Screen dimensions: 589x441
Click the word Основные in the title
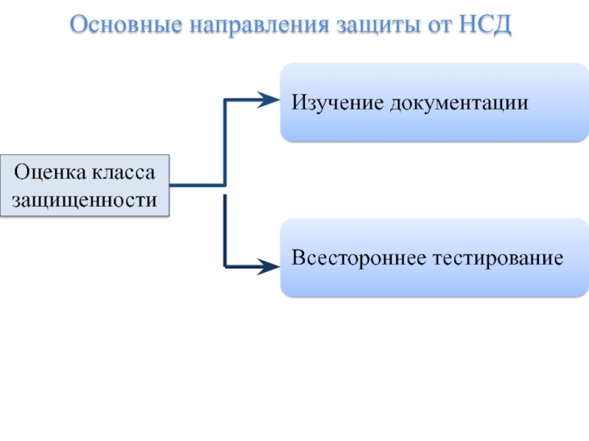click(126, 24)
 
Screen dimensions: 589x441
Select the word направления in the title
click(259, 26)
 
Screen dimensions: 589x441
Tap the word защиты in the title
click(378, 26)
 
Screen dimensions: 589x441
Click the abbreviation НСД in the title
click(485, 25)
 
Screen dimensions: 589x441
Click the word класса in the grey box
click(124, 173)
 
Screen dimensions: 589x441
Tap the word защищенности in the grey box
click(85, 200)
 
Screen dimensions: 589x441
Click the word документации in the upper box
click(459, 104)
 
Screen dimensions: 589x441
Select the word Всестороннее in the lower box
click(359, 258)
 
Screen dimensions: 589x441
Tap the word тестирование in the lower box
click(498, 259)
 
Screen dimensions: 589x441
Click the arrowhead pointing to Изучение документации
click(269, 100)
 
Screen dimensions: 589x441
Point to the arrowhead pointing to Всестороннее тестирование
click(269, 267)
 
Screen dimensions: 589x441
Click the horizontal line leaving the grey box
click(197, 185)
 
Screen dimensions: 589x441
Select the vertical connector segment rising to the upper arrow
click(225, 143)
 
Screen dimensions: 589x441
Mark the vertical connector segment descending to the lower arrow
click(225, 231)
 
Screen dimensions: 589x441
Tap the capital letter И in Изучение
click(300, 102)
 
